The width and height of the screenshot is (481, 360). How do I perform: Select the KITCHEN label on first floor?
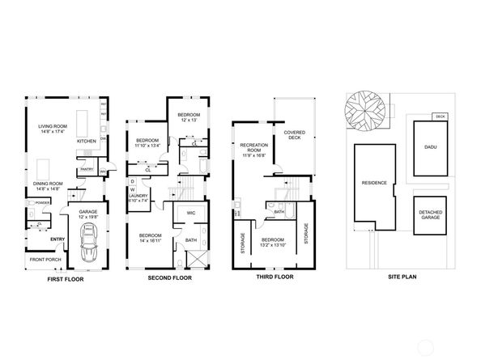[x=86, y=142]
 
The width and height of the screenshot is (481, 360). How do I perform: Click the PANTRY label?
[x=87, y=170]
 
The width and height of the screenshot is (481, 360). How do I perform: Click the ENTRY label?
[x=57, y=239]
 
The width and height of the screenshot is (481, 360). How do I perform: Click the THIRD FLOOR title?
[x=271, y=277]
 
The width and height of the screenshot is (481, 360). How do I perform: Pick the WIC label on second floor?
[x=191, y=213]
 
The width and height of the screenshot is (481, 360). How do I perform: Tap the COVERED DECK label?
[x=294, y=134]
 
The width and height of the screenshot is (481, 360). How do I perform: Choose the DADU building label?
[x=430, y=147]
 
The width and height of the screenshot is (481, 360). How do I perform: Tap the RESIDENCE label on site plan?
[x=374, y=182]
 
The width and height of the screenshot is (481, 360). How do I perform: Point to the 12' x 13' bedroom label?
[x=188, y=118]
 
